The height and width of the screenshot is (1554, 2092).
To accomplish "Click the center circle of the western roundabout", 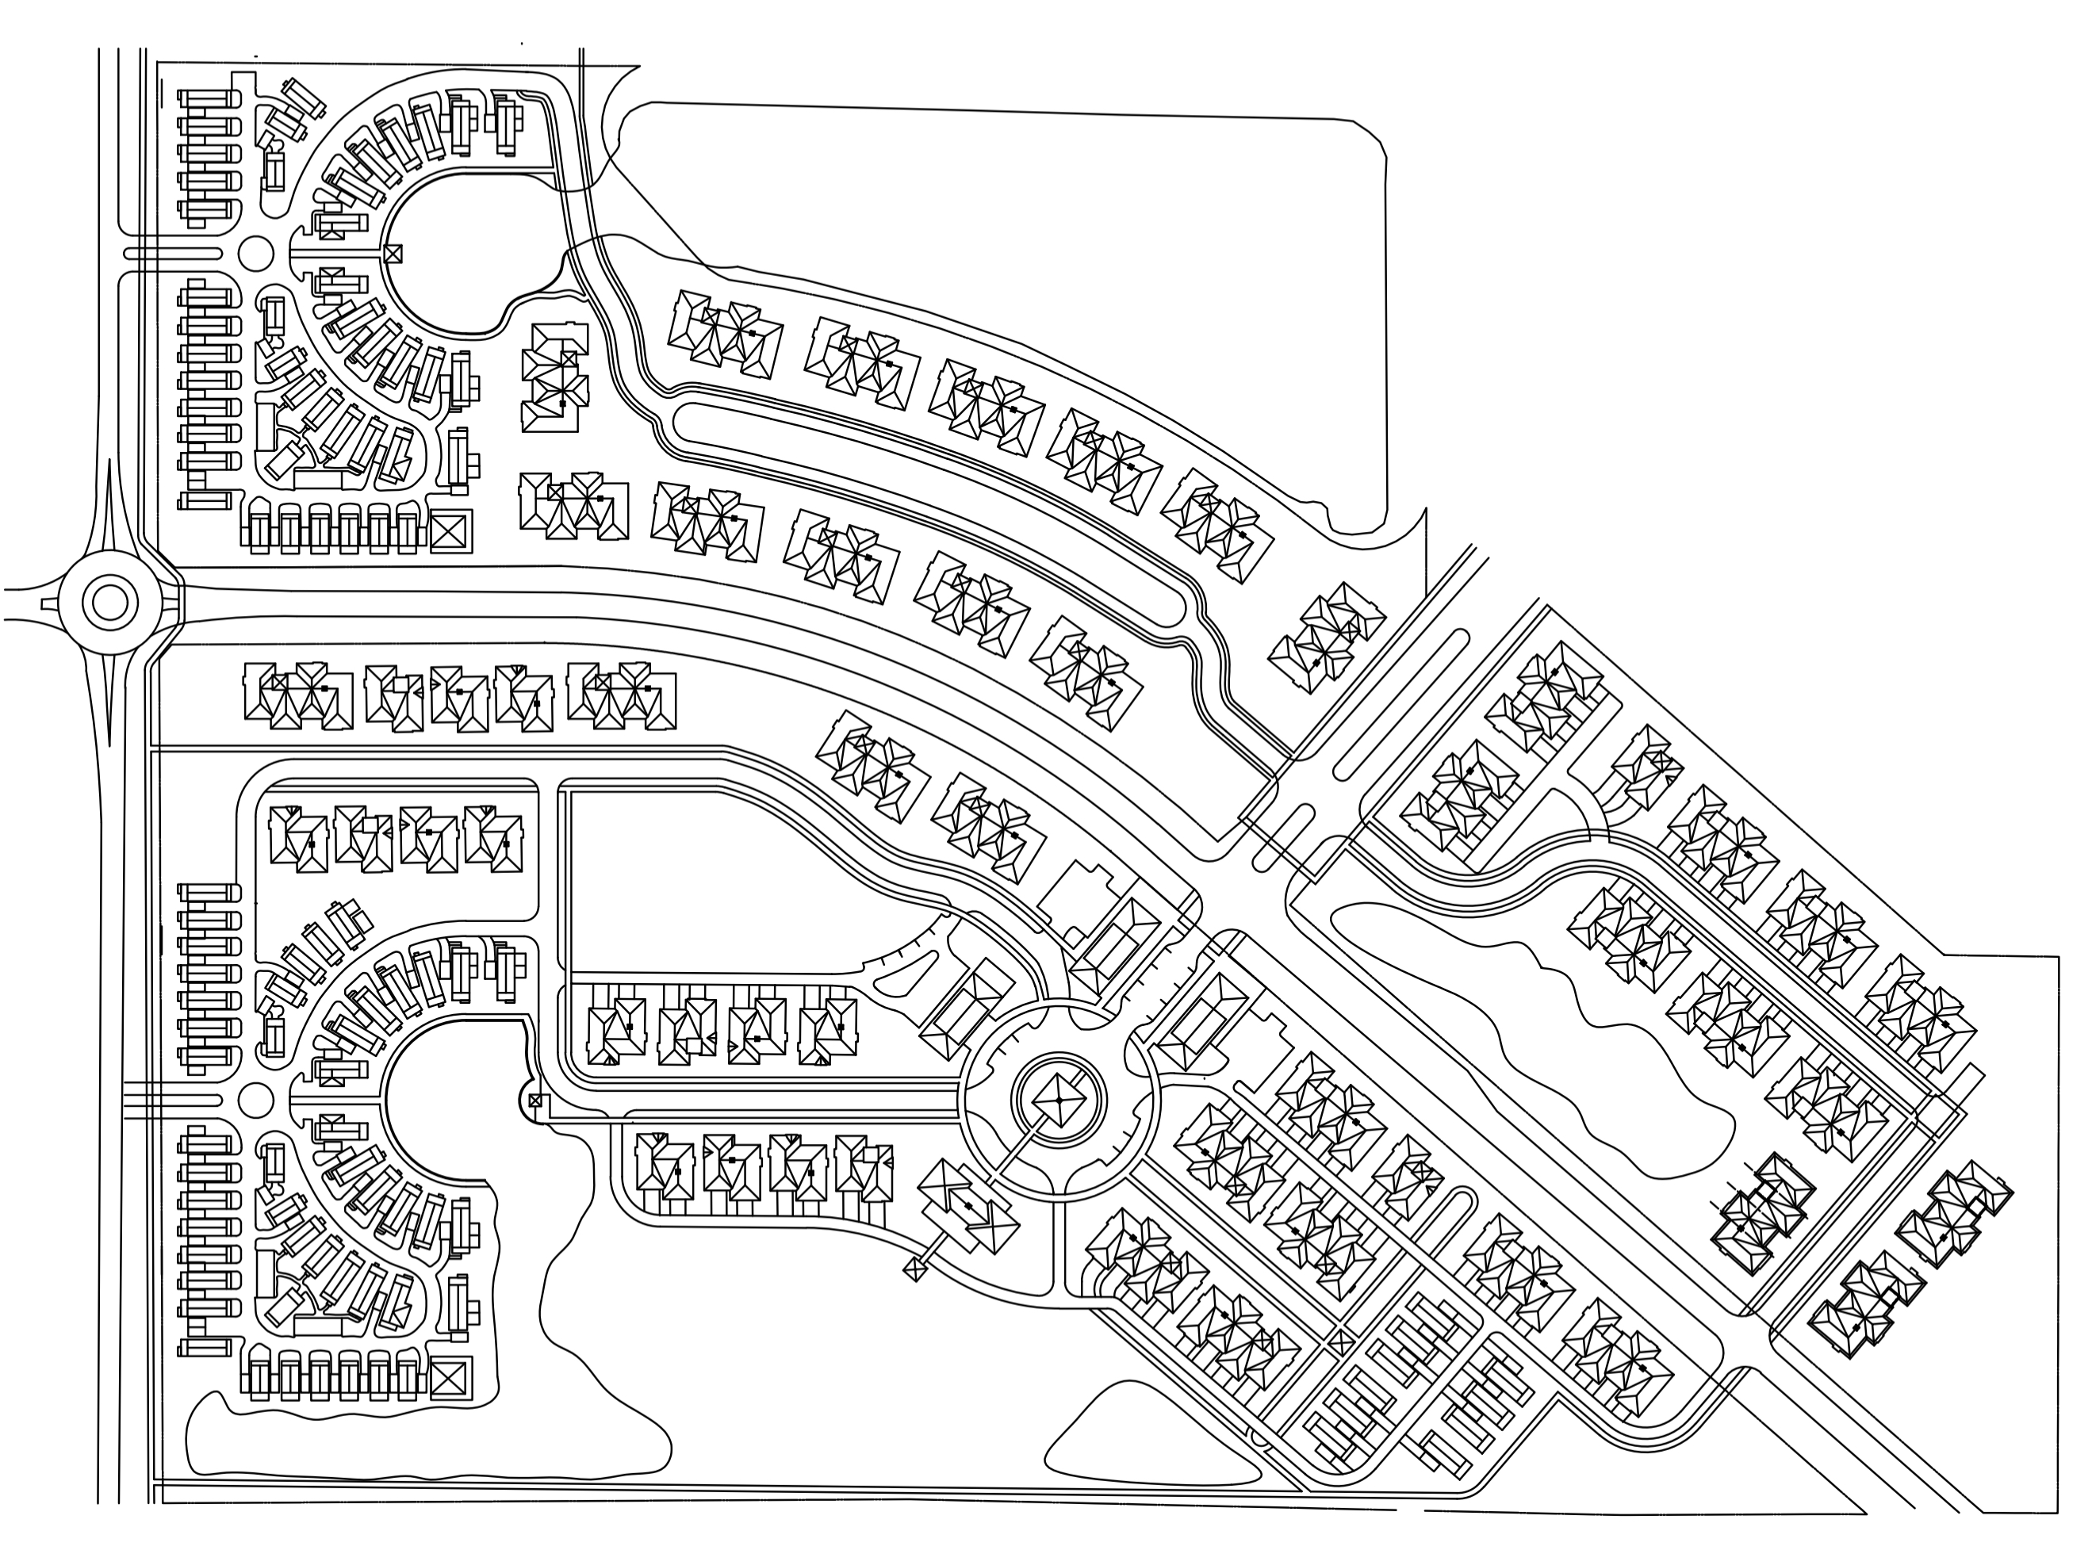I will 110,602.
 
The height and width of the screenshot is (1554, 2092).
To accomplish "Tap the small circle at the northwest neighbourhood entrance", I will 256,253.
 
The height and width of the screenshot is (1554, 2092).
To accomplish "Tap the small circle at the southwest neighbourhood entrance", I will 256,1099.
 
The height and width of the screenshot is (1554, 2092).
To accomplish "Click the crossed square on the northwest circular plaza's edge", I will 393,253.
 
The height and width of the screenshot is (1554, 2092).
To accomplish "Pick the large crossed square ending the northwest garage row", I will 450,533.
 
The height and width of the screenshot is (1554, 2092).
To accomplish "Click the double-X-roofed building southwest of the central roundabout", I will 969,1205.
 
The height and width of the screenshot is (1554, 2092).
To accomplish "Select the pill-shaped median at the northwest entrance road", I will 173,253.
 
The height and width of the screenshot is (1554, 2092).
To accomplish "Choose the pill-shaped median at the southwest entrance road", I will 173,1099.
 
